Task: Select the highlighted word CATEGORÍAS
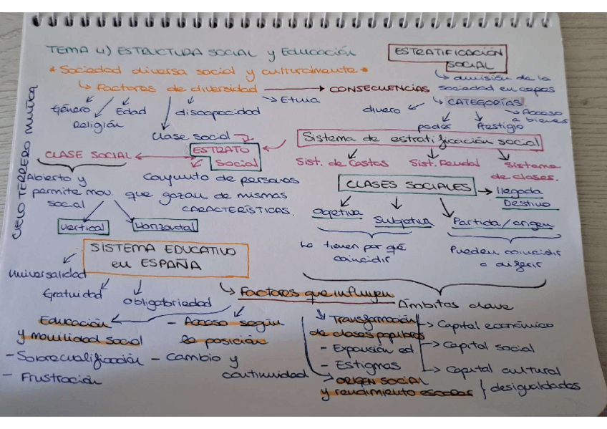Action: click(x=477, y=102)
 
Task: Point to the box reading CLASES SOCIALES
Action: click(x=407, y=186)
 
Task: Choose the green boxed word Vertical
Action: click(x=84, y=227)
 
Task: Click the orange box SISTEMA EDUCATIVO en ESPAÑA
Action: click(x=166, y=258)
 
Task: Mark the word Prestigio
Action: click(x=500, y=127)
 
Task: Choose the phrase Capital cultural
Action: click(x=502, y=370)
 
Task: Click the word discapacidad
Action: click(x=217, y=112)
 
